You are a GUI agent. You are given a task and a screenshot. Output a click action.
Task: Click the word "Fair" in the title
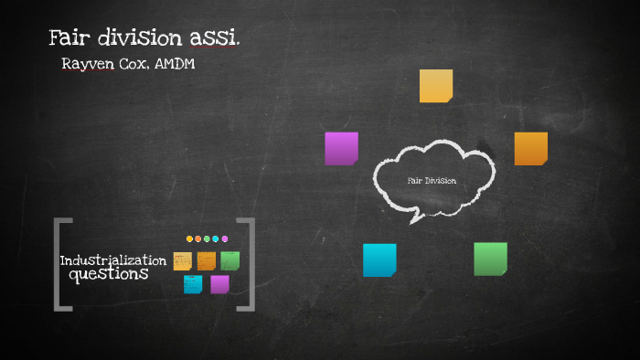click(69, 39)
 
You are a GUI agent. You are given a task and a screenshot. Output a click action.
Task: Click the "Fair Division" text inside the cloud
click(432, 180)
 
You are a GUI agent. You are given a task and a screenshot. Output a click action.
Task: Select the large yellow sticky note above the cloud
click(436, 86)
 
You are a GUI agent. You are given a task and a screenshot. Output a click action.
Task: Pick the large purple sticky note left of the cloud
click(341, 148)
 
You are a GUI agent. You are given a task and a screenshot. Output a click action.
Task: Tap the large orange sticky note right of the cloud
click(530, 148)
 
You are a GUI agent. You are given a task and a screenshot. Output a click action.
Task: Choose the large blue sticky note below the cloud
click(379, 259)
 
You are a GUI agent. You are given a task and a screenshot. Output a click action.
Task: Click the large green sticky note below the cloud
click(490, 259)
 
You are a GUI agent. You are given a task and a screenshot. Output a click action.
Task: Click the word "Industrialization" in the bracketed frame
click(113, 260)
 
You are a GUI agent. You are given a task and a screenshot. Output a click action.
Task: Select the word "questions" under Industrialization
click(109, 273)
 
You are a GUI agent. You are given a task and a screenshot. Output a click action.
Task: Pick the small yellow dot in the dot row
click(190, 238)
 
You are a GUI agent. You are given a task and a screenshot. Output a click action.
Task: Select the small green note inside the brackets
click(229, 260)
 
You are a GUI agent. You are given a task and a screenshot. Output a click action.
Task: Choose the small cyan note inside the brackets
click(193, 284)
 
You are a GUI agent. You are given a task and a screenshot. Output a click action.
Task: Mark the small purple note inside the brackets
click(219, 284)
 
